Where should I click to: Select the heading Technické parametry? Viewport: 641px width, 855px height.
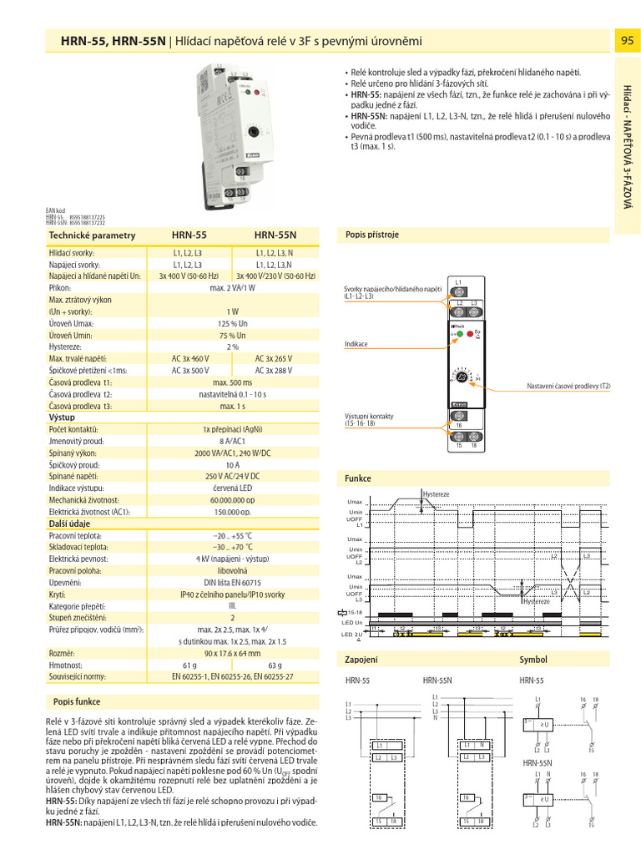[x=92, y=235]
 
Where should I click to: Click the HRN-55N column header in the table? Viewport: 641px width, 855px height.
[x=275, y=235]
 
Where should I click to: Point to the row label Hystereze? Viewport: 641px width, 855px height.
[x=67, y=346]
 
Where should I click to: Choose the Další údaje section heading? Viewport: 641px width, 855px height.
[x=70, y=523]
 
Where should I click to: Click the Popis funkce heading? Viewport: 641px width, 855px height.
[x=77, y=702]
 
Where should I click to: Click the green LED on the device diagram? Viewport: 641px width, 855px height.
[x=458, y=333]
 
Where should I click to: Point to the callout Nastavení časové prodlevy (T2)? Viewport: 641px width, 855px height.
[x=568, y=386]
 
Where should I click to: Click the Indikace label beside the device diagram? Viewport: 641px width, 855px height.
[x=356, y=344]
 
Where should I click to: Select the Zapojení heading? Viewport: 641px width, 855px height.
[x=361, y=660]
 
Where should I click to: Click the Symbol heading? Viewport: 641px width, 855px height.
[x=532, y=660]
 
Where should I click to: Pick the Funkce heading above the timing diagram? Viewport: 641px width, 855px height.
[x=358, y=478]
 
